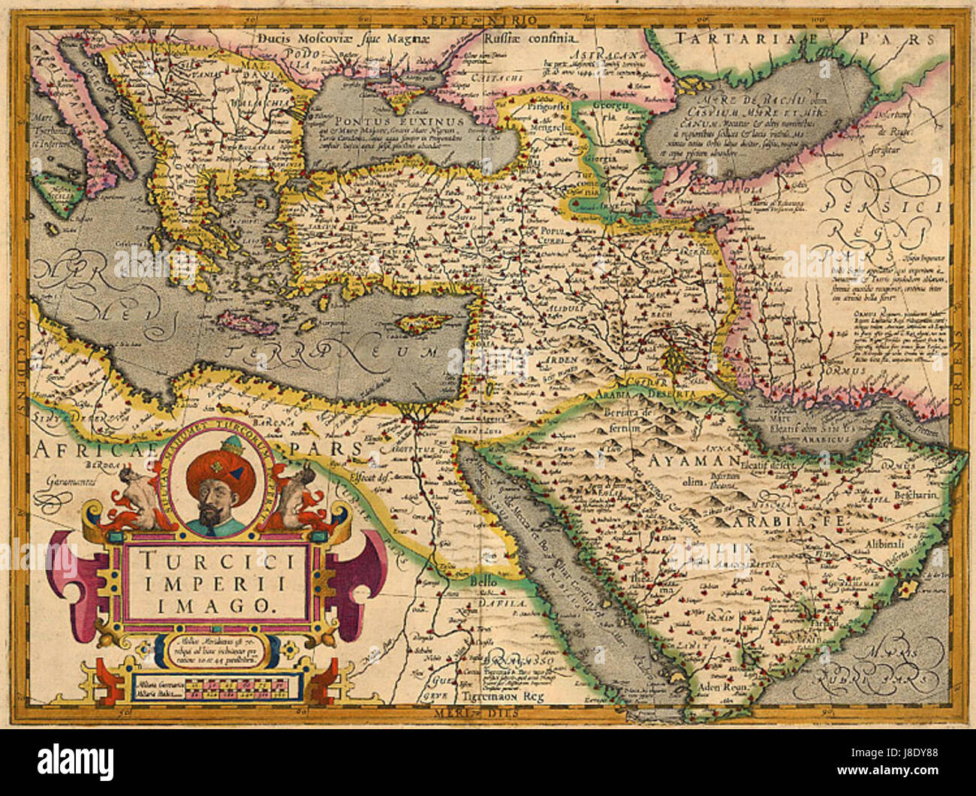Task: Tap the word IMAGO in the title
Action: coord(218,603)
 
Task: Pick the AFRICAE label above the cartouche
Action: coord(83,449)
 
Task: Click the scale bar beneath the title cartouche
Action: coord(218,684)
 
